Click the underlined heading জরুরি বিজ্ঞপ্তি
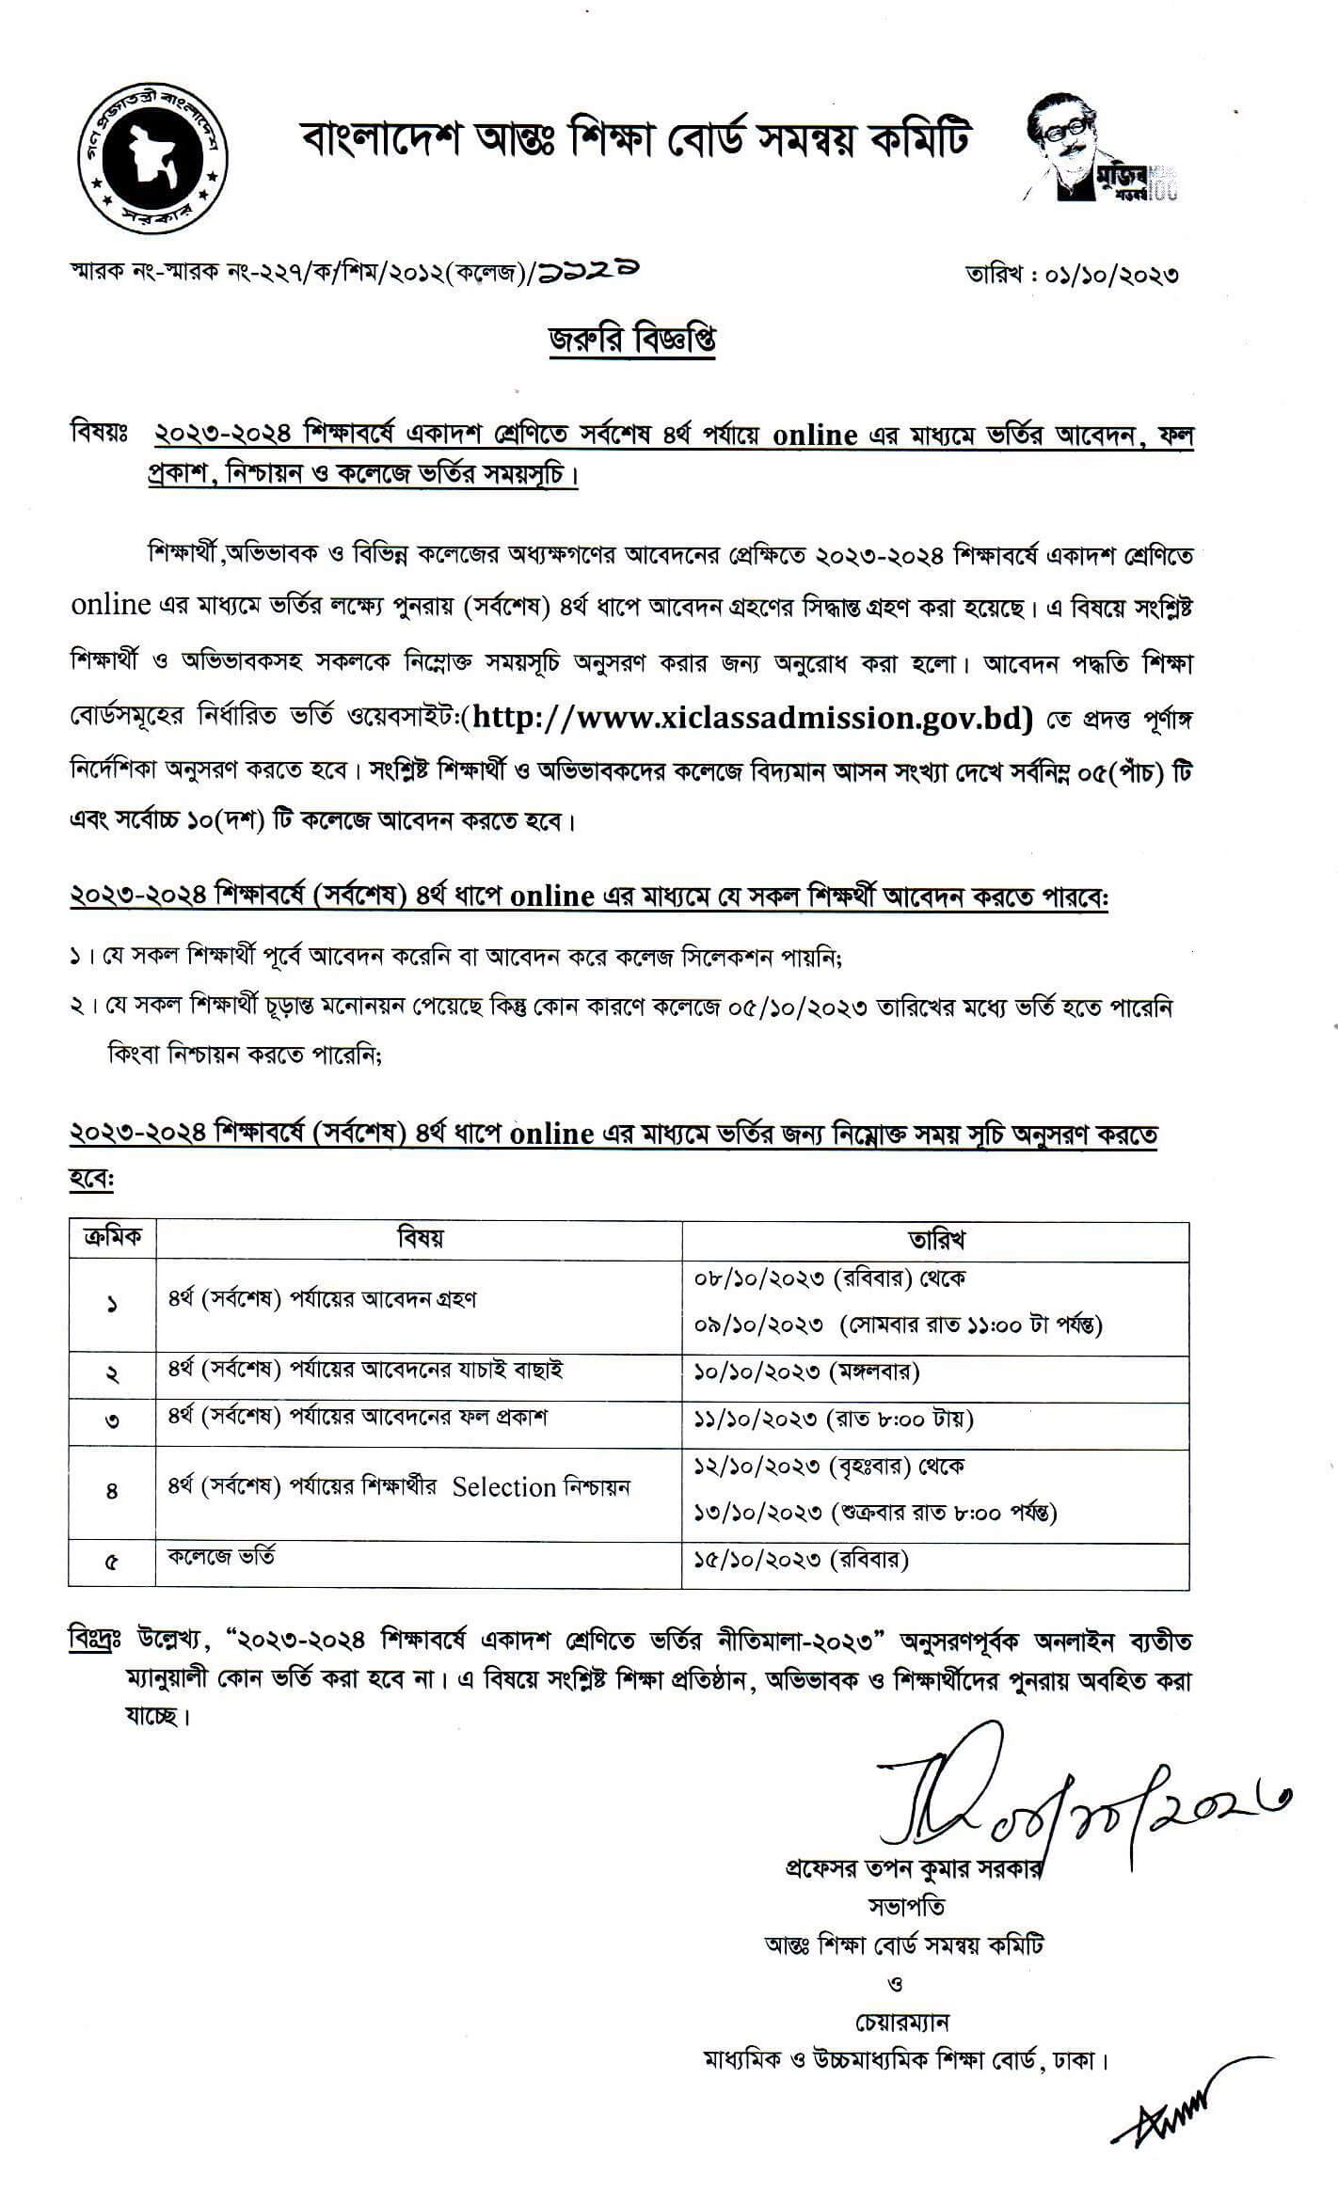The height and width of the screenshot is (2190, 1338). point(632,339)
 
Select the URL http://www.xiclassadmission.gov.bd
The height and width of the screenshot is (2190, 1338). point(752,718)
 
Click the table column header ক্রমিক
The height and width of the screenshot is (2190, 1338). point(112,1237)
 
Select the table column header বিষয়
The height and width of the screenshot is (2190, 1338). point(419,1238)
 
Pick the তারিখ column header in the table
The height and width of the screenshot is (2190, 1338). point(935,1238)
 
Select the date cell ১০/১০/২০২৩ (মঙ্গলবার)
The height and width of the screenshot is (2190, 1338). point(806,1371)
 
